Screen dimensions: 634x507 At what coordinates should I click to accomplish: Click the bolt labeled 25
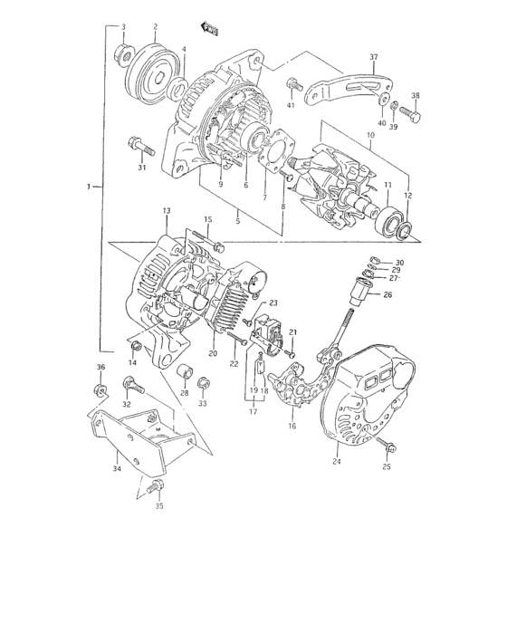coord(389,447)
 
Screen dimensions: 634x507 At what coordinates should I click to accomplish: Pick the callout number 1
coord(90,187)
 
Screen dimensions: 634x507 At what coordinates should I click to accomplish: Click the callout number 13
coord(166,210)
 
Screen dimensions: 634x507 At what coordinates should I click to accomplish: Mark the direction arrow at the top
coord(209,29)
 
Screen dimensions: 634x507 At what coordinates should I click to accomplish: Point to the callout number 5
coord(237,219)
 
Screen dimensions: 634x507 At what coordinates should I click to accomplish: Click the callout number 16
coord(292,424)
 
